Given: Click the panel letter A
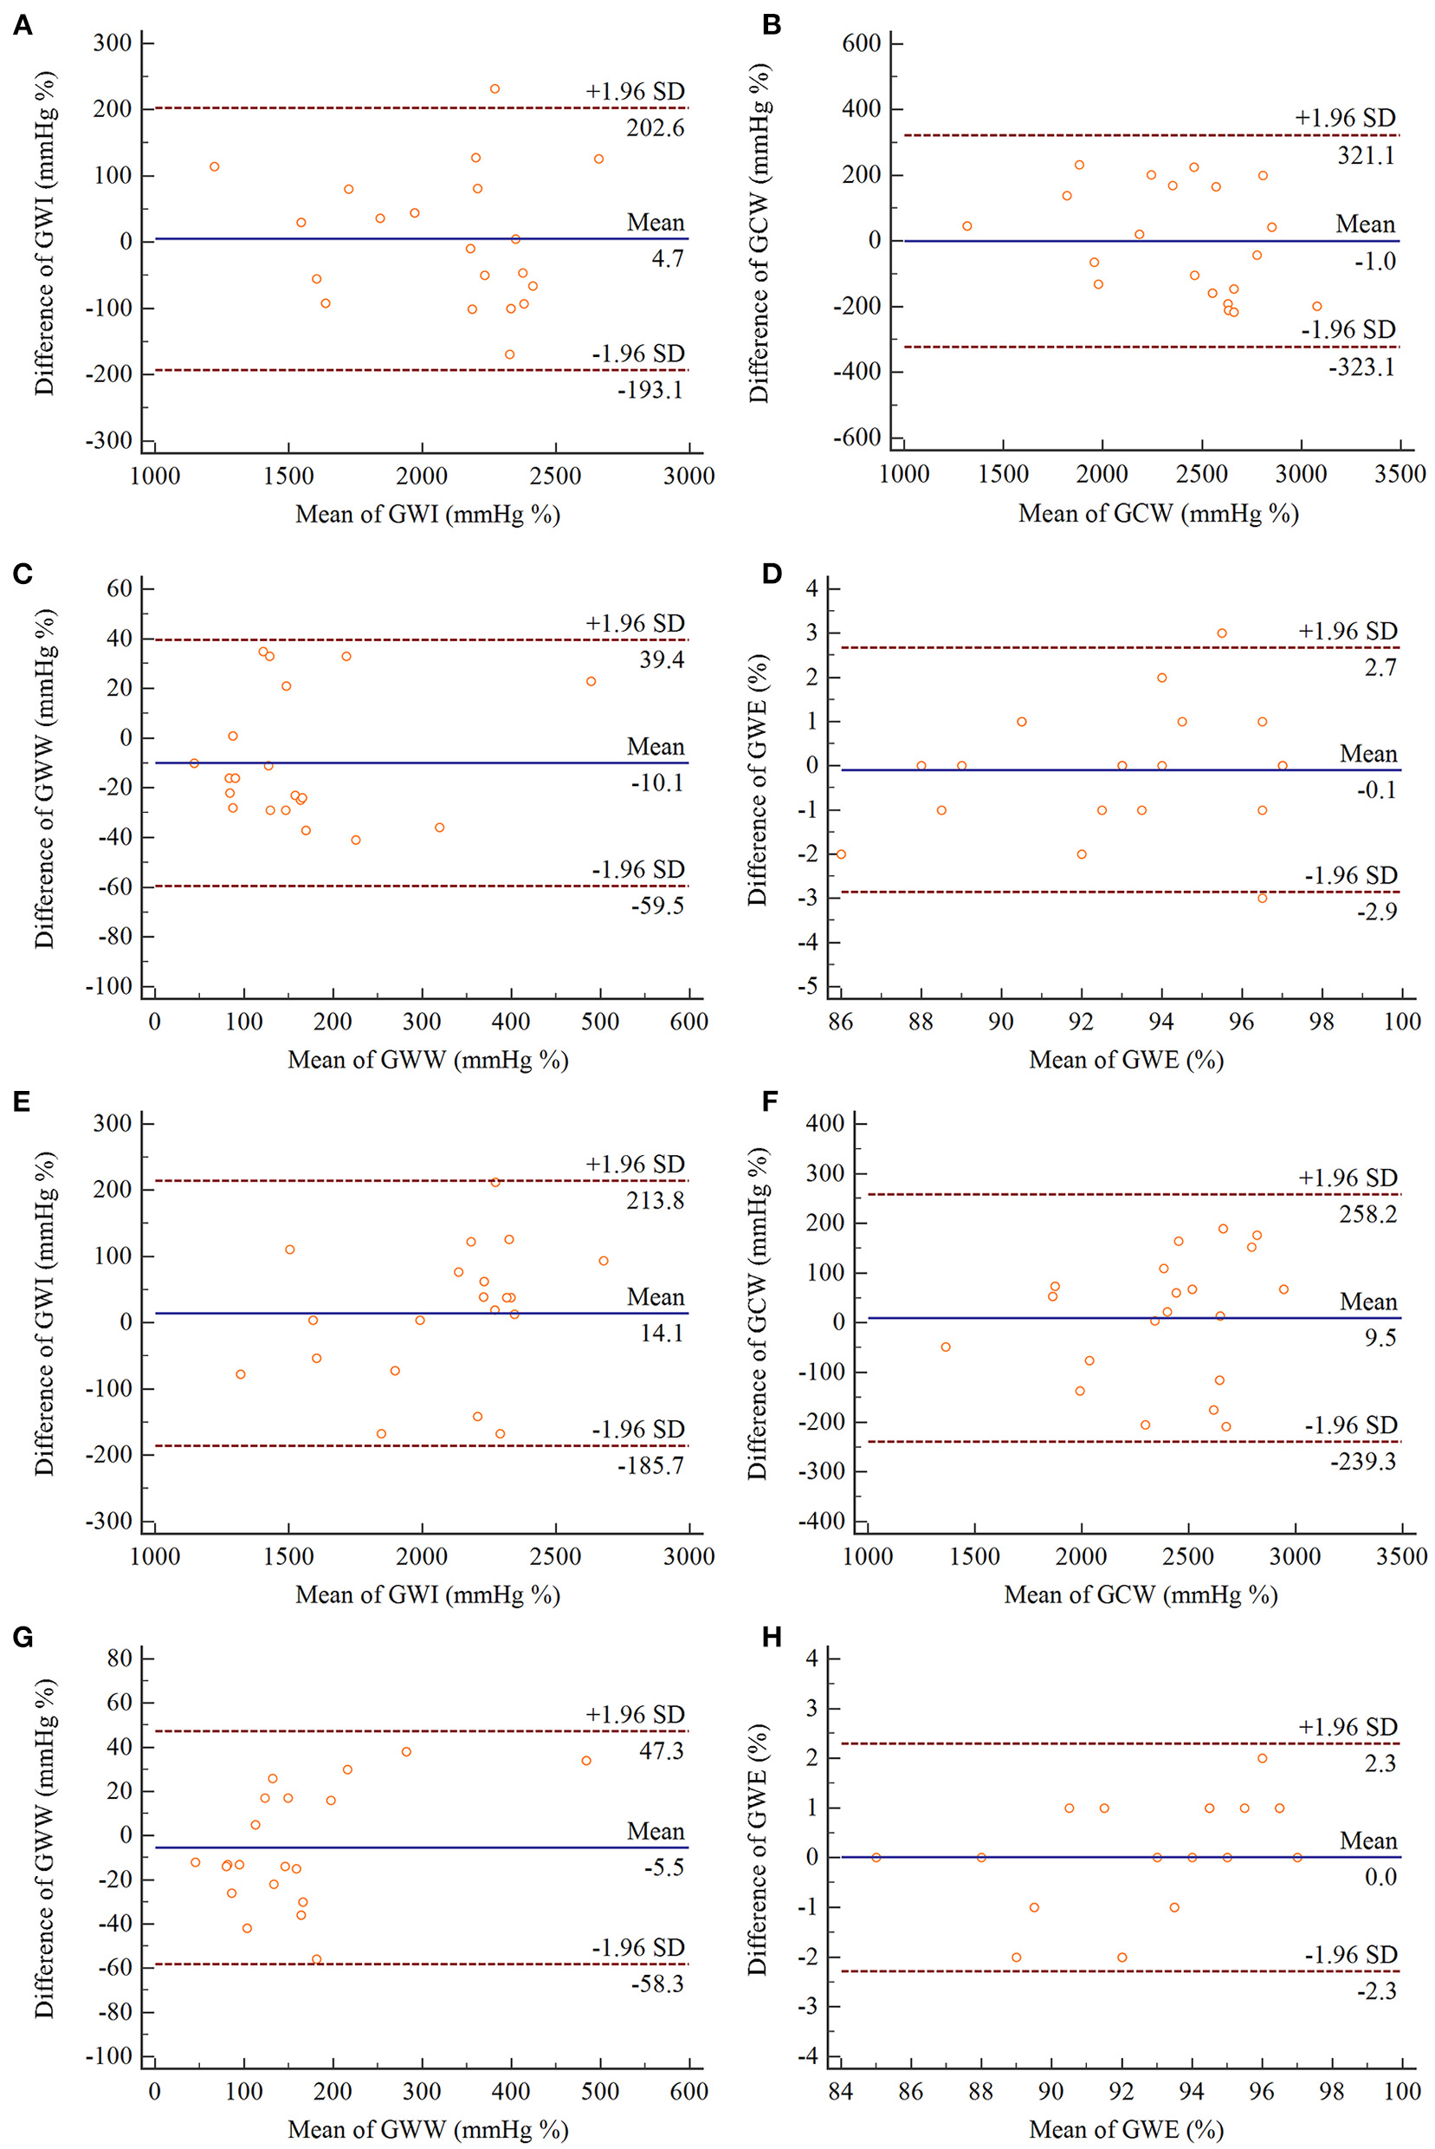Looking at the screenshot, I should (22, 26).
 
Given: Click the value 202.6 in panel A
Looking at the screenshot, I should (656, 128).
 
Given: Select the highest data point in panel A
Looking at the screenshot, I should (494, 88).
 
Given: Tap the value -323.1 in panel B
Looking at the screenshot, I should (1361, 367).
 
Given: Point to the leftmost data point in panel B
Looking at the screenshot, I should (966, 226).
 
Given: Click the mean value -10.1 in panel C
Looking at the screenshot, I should (657, 782).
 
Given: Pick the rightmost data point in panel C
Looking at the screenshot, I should (591, 681).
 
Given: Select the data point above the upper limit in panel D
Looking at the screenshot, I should (1222, 633).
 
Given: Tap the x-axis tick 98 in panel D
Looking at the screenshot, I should (1322, 1021).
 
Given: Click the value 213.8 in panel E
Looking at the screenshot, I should (656, 1200).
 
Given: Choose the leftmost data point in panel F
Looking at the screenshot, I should (946, 1347).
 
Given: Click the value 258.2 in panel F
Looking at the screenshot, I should (1367, 1214).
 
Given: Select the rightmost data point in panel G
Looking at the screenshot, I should (585, 1761).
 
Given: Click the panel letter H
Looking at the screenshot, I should (772, 1637).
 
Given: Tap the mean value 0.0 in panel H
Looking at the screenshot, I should (1380, 1877).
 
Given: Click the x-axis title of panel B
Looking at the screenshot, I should (1158, 514).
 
